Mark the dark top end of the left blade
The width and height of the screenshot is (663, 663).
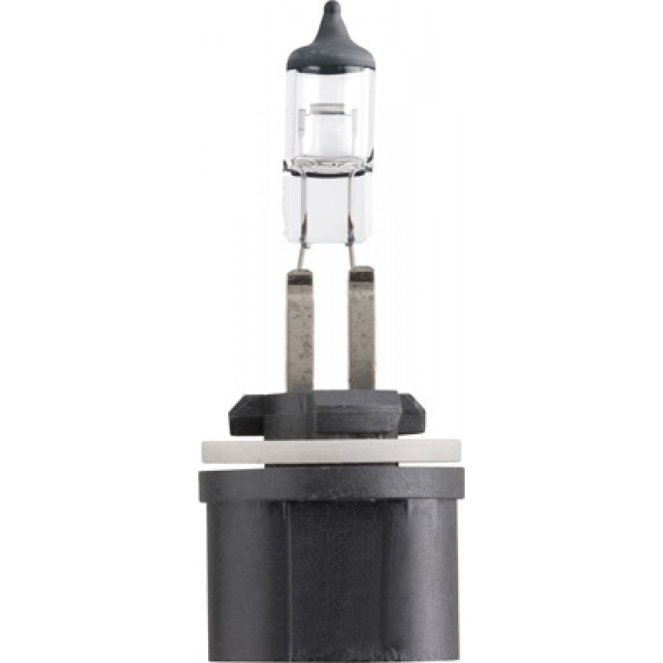[300, 277]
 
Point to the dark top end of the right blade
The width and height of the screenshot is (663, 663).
[361, 274]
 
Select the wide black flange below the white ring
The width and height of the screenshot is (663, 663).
[331, 484]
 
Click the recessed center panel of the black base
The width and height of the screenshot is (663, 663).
[335, 583]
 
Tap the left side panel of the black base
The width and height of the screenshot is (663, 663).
[245, 583]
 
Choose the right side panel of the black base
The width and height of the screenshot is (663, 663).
[424, 583]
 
